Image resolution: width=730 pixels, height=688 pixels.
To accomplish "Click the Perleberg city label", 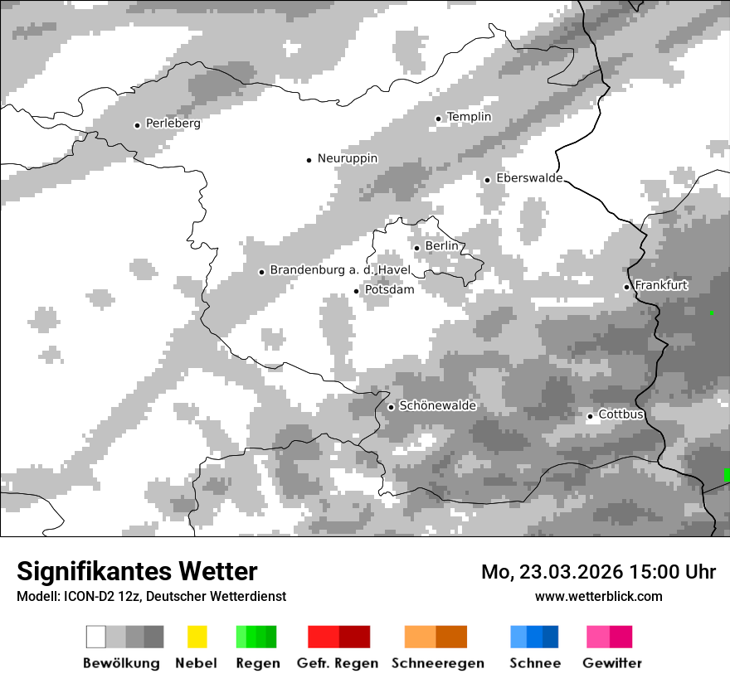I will [173, 124].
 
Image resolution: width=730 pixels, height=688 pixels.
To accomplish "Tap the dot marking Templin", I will [438, 119].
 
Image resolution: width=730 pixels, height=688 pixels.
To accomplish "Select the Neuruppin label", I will [348, 158].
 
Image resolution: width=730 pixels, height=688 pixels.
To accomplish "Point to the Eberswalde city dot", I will [488, 180].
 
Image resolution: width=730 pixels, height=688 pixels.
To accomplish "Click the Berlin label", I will [441, 246].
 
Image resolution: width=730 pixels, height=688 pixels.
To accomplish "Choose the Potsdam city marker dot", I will [357, 291].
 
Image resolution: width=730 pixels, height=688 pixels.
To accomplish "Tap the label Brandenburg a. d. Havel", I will [340, 270].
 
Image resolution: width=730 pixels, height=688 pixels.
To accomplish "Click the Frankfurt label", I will [661, 285].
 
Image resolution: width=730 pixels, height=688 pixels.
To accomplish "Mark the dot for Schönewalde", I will [391, 407].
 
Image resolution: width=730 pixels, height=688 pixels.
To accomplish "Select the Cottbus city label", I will [620, 414].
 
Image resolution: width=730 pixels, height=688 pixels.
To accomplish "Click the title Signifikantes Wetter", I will [137, 571].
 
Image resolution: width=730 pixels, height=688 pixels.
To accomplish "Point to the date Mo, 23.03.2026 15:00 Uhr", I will [598, 572].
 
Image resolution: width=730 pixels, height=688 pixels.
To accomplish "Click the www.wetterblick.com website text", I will [598, 596].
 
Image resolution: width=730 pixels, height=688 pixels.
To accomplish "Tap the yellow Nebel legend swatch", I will [197, 637].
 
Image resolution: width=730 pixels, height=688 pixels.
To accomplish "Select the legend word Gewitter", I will [612, 663].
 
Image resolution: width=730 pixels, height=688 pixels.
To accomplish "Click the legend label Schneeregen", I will [438, 663].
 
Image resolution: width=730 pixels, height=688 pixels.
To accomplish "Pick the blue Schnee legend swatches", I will [534, 637].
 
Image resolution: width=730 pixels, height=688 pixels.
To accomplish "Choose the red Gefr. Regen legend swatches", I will [338, 637].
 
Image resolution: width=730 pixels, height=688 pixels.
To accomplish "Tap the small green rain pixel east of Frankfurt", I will [711, 313].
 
